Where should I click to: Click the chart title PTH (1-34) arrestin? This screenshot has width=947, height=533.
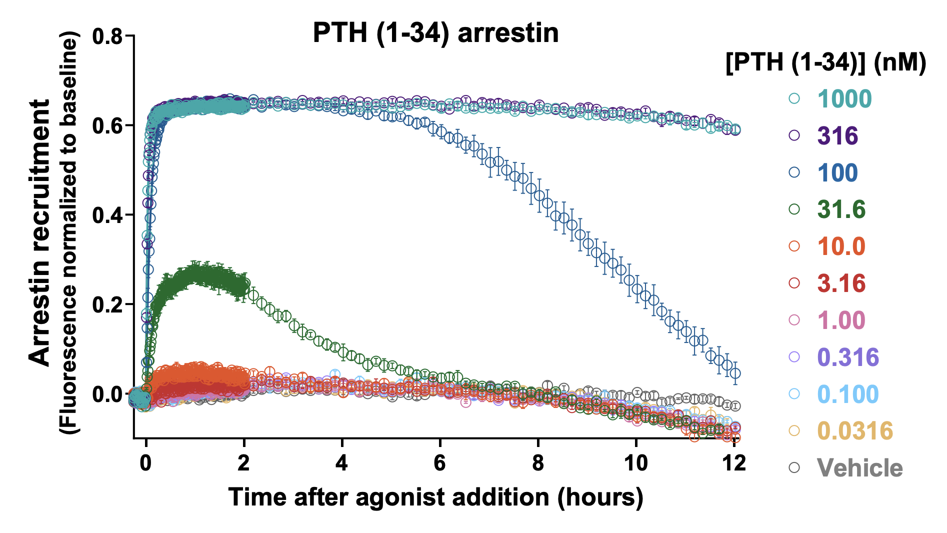435,33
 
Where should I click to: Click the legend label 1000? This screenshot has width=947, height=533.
844,99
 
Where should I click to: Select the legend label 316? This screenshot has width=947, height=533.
837,136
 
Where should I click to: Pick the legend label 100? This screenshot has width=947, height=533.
837,173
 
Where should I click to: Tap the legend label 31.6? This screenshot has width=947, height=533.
841,209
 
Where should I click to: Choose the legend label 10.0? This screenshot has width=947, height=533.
841,246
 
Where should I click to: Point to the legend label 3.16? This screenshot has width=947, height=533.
841,283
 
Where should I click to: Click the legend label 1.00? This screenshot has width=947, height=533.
841,320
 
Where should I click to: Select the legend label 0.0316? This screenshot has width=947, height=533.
855,431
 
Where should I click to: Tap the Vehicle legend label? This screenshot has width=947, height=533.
859,468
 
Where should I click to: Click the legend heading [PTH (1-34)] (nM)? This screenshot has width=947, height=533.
825,63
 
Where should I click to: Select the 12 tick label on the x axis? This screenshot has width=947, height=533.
734,463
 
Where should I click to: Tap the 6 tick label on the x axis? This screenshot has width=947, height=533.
439,463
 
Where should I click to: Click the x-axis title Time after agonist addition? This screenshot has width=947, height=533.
435,497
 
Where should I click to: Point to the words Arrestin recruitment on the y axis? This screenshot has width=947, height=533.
40,233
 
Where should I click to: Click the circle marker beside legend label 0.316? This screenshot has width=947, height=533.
794,357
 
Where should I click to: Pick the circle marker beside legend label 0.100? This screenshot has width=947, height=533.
794,394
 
